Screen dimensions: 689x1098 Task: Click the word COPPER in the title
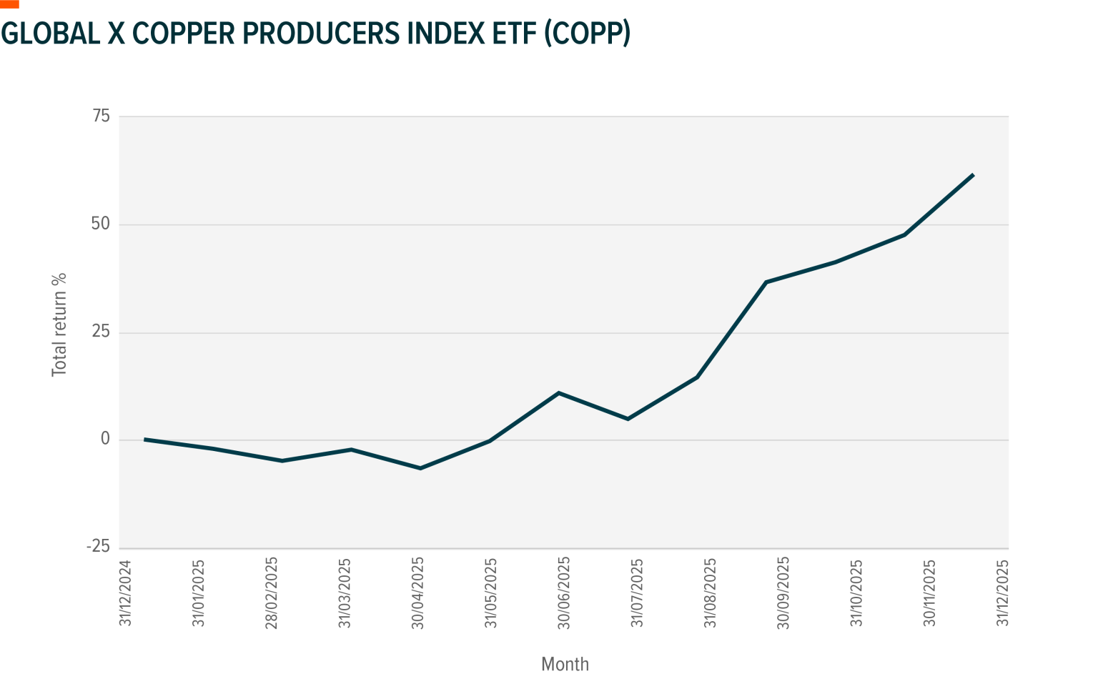(182, 33)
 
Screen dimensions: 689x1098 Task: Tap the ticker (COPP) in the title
(587, 33)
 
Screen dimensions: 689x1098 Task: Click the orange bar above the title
(9, 4)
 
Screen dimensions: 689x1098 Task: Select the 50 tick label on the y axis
(101, 224)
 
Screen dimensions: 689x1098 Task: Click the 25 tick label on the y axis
(101, 332)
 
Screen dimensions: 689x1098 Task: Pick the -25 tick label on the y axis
(98, 547)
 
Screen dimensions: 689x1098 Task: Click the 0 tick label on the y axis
(105, 440)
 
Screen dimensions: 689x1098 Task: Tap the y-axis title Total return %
(59, 324)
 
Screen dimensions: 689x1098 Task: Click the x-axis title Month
(565, 665)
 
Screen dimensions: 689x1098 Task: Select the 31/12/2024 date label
(126, 593)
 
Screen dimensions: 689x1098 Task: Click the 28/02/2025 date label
(272, 593)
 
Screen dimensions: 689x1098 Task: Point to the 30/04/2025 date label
(418, 593)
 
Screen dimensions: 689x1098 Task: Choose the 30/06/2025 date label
(565, 593)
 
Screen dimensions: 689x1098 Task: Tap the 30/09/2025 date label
(784, 593)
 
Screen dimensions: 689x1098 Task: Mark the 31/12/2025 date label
(1004, 593)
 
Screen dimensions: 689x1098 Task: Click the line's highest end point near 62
(974, 174)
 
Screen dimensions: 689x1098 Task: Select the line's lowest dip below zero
(420, 468)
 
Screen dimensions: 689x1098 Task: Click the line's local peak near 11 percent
(558, 393)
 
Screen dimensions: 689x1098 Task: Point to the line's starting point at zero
(144, 440)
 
